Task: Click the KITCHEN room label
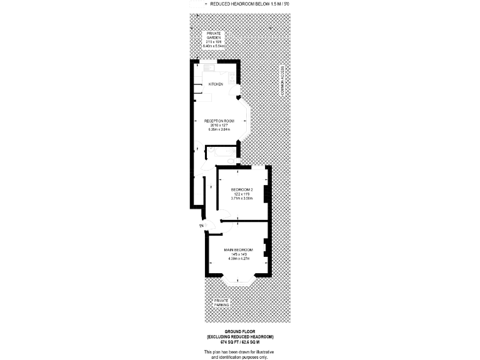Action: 216,84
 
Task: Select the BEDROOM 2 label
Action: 242,189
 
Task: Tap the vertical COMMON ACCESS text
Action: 282,82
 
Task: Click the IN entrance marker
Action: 201,225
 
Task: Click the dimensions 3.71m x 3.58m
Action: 242,198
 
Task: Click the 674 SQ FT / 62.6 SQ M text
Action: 239,342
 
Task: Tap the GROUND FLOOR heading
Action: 239,331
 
